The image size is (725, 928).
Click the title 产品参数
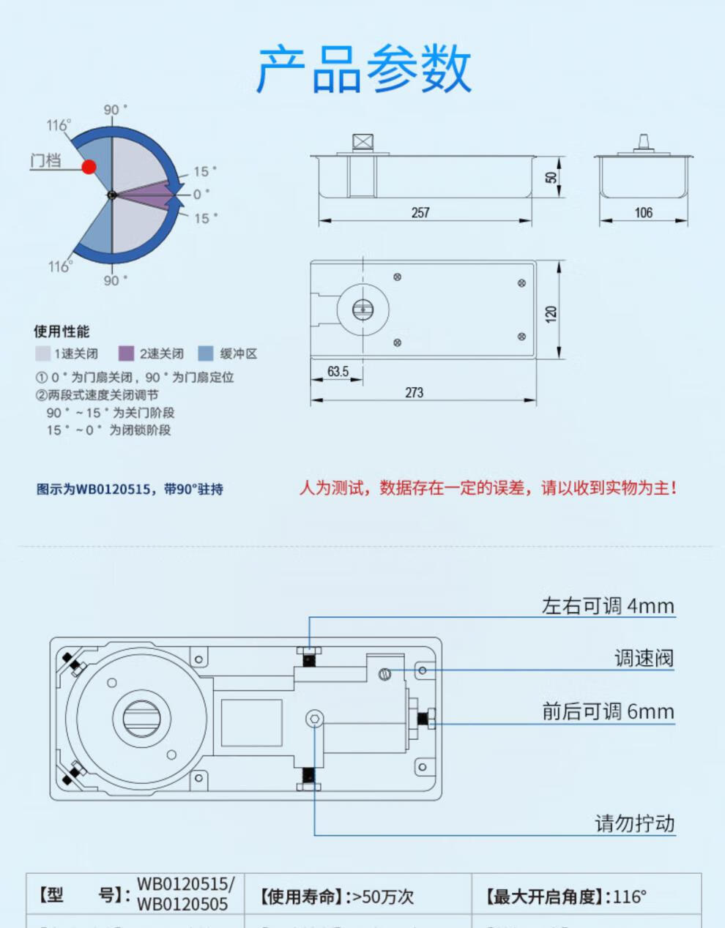pos(363,69)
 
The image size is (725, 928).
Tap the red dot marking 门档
pos(89,167)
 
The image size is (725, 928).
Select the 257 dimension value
pos(420,212)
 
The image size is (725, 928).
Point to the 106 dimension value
pos(643,212)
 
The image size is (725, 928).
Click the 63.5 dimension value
pos(338,371)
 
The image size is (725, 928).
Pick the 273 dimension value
pos(414,392)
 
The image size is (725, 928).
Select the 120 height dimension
pos(551,314)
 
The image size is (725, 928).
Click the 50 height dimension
pos(551,176)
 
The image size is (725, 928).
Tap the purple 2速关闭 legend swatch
pos(127,353)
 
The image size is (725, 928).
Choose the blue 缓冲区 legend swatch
pos(206,353)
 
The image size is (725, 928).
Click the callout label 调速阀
pos(643,658)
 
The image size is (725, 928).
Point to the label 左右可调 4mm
pos(607,606)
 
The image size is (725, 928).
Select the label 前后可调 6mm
pos(607,711)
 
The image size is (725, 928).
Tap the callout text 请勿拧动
pos(634,823)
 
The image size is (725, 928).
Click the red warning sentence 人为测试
pos(488,488)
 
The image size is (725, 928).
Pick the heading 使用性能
pos(62,332)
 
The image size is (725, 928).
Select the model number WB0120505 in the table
pos(182,905)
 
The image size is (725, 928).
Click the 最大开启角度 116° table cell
pos(565,897)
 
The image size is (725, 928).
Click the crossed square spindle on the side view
pos(362,142)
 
